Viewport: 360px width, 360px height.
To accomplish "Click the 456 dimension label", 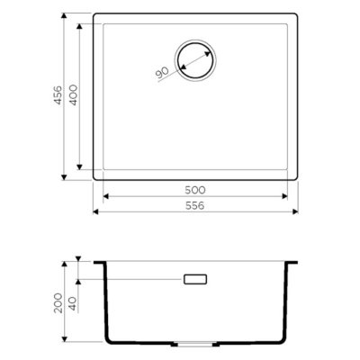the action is (x=58, y=95).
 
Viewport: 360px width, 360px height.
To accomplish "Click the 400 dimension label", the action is (x=74, y=95).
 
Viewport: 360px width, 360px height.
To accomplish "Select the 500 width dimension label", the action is (x=195, y=190).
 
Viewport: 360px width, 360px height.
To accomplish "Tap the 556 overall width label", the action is (x=195, y=205).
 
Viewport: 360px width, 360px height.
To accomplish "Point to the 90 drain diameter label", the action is (x=162, y=73).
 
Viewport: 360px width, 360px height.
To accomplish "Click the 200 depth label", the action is (x=58, y=303).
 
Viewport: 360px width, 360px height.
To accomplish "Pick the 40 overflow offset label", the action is (x=74, y=304).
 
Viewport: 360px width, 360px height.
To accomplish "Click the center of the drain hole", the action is (x=195, y=60).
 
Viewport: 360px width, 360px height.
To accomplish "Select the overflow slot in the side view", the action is (x=195, y=279).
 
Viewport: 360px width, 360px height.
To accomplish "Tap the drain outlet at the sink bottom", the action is (x=195, y=344).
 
